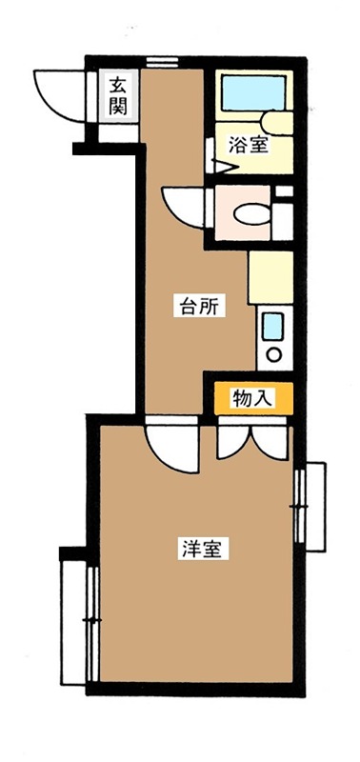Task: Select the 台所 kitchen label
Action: coord(200,307)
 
